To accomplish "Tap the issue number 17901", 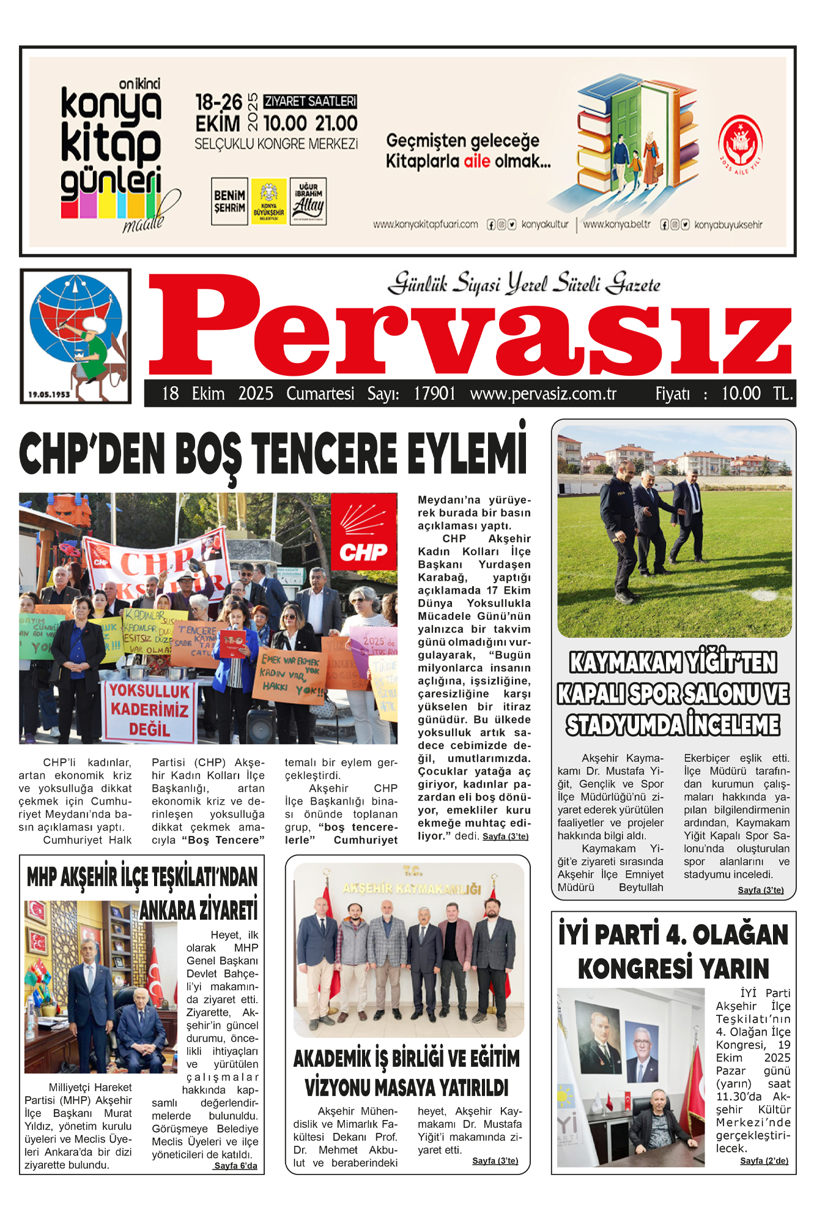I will pyautogui.click(x=434, y=394).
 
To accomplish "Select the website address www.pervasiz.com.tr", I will pyautogui.click(x=543, y=394).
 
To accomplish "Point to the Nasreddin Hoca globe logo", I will pyautogui.click(x=76, y=335).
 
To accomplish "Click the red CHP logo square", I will pyautogui.click(x=364, y=532).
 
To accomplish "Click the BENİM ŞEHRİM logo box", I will pyautogui.click(x=229, y=201).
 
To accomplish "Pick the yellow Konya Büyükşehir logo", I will pyautogui.click(x=268, y=201).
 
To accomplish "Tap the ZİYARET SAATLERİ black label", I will pyautogui.click(x=310, y=102).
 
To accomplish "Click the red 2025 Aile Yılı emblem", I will pyautogui.click(x=739, y=144).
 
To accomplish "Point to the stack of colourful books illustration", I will pyautogui.click(x=636, y=135).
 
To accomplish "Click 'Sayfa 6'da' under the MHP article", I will pyautogui.click(x=235, y=1166).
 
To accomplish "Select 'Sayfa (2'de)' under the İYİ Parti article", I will pyautogui.click(x=764, y=1161).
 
